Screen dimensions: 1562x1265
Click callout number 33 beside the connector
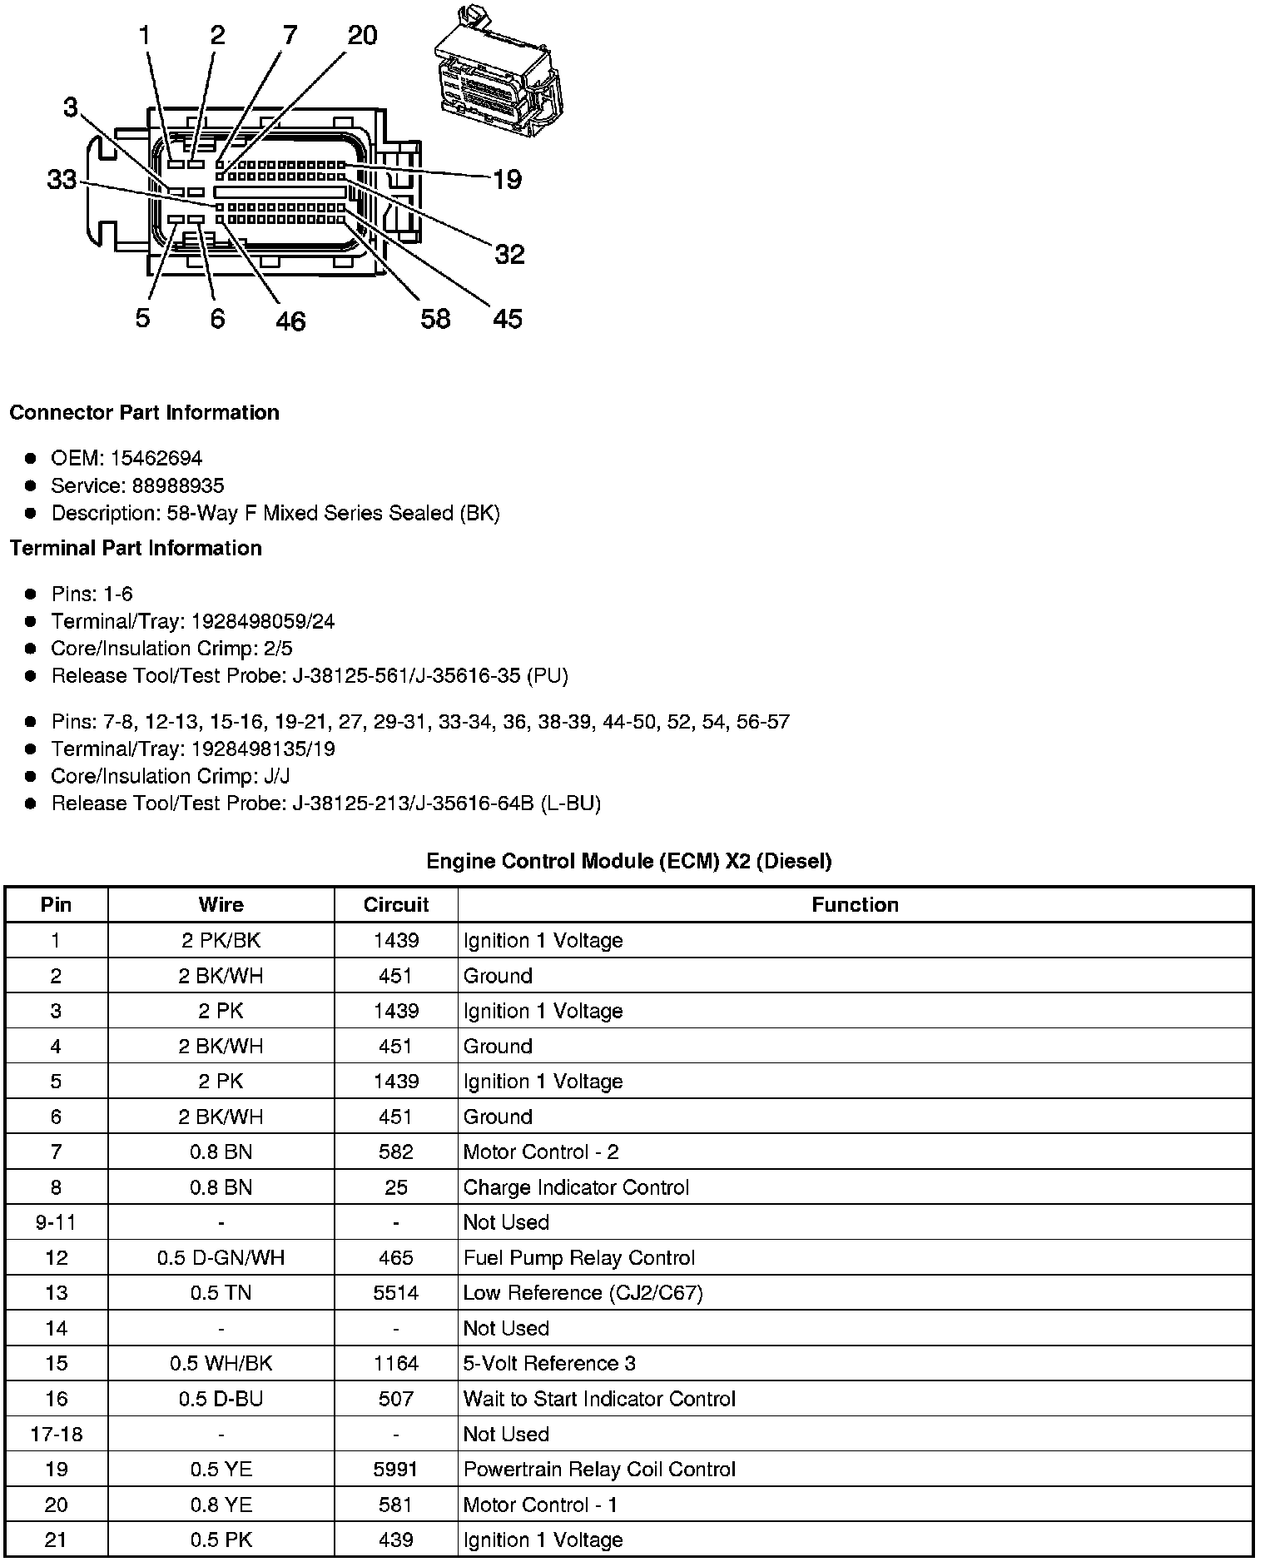pos(62,179)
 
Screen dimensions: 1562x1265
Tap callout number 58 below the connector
pos(435,318)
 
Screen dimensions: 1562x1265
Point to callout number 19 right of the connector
pos(507,179)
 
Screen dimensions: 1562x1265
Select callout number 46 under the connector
pos(290,321)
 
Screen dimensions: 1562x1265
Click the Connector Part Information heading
pos(144,413)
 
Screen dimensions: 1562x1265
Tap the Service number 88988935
pos(178,485)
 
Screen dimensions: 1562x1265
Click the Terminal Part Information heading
pos(136,548)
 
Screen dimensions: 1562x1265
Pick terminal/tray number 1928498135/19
pos(263,749)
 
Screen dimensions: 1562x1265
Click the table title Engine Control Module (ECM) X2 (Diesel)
pos(628,861)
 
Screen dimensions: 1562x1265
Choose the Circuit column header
pos(395,905)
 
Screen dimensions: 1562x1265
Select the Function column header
pos(855,905)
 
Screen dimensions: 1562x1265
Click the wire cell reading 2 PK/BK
pos(221,940)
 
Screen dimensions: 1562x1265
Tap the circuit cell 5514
pos(395,1293)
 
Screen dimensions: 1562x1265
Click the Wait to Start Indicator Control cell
pos(599,1399)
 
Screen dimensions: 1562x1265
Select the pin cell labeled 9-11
pos(56,1222)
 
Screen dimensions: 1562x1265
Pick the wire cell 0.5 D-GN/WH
pos(221,1257)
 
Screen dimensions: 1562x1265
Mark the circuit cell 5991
pos(395,1470)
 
